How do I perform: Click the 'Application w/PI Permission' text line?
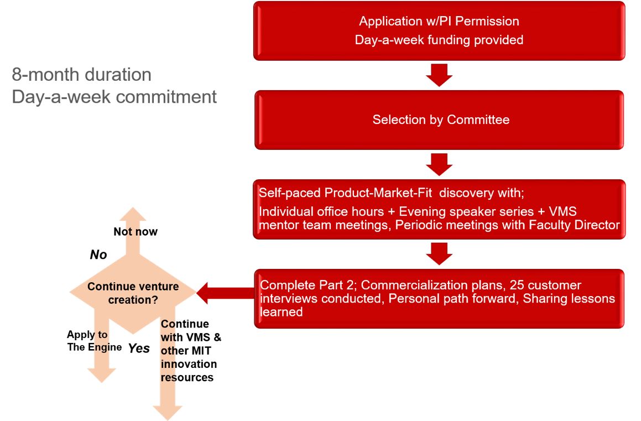pyautogui.click(x=439, y=22)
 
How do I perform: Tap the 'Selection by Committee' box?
pyautogui.click(x=440, y=120)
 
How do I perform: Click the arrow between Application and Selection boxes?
pyautogui.click(x=439, y=75)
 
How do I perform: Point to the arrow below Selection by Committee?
pyautogui.click(x=439, y=164)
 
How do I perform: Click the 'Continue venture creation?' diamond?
pyautogui.click(x=133, y=293)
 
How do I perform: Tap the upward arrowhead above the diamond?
pyautogui.click(x=133, y=216)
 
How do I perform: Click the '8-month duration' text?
pyautogui.click(x=81, y=75)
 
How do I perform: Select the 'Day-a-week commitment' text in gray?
pyautogui.click(x=114, y=97)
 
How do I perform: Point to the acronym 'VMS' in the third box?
pyautogui.click(x=566, y=211)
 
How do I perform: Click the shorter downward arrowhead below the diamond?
pyautogui.click(x=102, y=375)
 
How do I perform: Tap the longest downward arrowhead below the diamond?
pyautogui.click(x=168, y=412)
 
